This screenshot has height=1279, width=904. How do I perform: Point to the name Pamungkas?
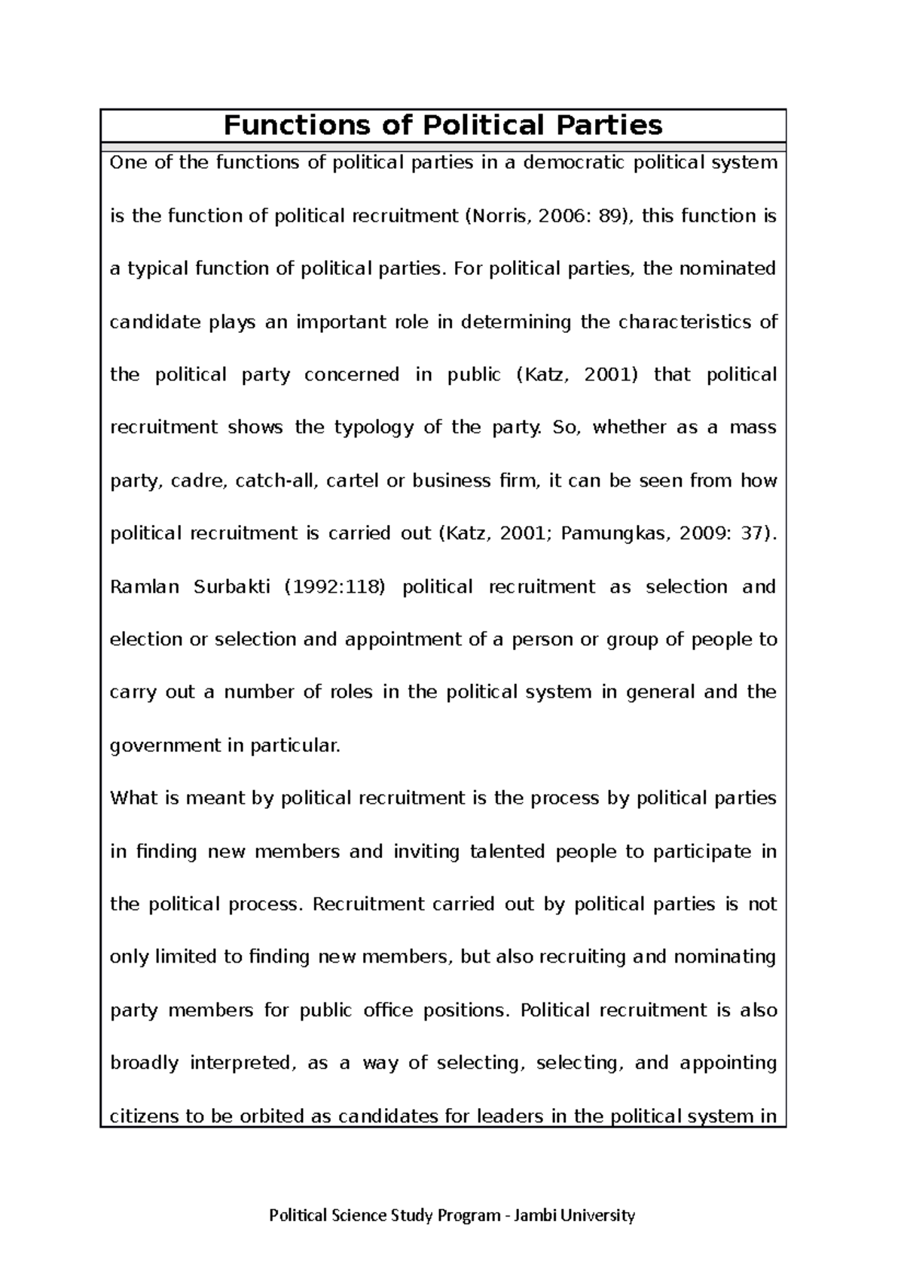(x=614, y=534)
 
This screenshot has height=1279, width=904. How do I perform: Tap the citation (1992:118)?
(x=334, y=587)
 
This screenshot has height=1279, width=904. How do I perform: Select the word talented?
(x=507, y=851)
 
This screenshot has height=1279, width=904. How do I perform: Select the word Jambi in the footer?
(x=533, y=1215)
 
